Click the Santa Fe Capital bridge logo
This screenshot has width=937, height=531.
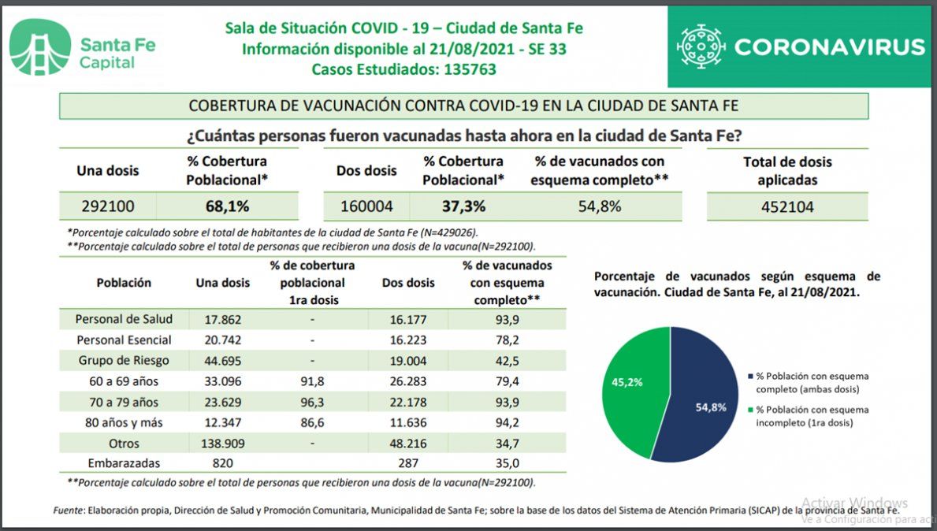pos(40,47)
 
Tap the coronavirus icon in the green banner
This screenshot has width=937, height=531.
pos(701,47)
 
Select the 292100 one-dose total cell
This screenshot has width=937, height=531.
pos(108,207)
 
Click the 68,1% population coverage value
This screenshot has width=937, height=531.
pos(227,207)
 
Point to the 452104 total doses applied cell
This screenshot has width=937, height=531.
pos(787,207)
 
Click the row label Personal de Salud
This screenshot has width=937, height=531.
pos(124,320)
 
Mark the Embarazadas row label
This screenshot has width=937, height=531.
pos(125,464)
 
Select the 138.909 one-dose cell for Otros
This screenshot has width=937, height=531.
pos(223,444)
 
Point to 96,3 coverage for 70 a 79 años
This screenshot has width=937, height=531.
pos(312,402)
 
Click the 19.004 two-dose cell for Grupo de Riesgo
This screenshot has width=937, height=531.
pos(407,361)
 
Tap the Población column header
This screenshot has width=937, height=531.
pos(124,283)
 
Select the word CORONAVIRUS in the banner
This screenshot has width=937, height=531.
pos(829,47)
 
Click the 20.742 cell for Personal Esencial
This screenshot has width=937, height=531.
pos(223,340)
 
